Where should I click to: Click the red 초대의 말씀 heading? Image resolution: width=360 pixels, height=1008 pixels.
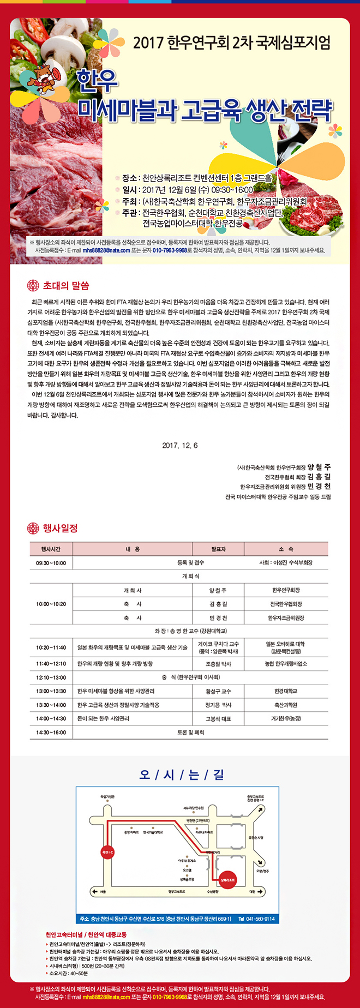pos(66,286)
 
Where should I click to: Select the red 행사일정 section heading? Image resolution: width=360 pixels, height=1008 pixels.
pos(60,528)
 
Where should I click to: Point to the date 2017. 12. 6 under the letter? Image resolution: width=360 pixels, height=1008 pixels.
pos(180,446)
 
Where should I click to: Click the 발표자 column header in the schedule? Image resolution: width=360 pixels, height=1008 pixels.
pos(218,549)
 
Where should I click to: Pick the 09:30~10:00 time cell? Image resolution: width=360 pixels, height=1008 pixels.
pos(51,563)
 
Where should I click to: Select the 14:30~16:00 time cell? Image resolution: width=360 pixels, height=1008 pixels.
pos(51,733)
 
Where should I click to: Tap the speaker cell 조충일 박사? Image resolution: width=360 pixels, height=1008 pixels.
pos(218,664)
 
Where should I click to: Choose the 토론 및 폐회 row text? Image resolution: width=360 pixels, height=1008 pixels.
pos(190,733)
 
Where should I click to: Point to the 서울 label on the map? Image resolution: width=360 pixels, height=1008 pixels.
pos(103,892)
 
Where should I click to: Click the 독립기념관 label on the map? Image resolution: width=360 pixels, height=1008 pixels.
pos(107,797)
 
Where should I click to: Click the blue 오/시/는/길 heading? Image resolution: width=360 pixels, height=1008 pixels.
pos(182,775)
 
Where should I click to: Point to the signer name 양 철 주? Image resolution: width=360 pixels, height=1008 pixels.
pos(319,467)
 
